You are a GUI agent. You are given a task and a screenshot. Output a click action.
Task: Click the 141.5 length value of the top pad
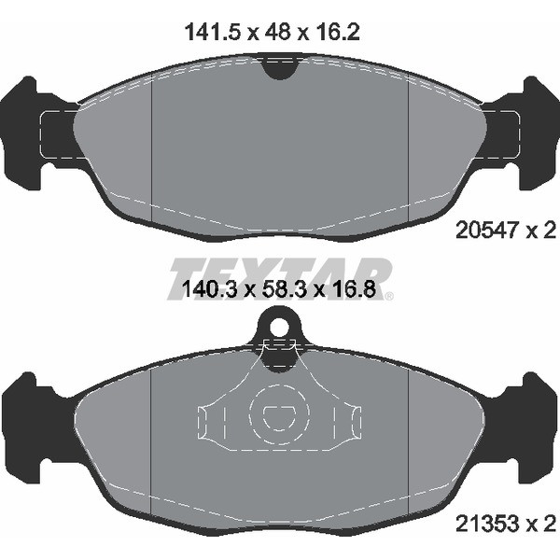pyautogui.click(x=213, y=33)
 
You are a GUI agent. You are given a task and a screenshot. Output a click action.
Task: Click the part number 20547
pyautogui.click(x=485, y=230)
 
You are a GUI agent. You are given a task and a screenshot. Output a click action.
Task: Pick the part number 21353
pyautogui.click(x=485, y=524)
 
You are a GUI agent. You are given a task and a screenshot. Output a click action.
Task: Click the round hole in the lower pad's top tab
pyautogui.click(x=279, y=327)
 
